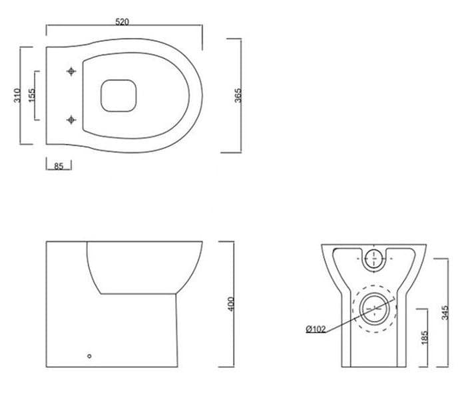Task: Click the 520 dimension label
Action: (122, 21)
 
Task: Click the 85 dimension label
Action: (59, 166)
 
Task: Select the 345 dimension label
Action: (445, 313)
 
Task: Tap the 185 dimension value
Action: (425, 337)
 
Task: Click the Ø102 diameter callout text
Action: (316, 329)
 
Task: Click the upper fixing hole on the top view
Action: (71, 70)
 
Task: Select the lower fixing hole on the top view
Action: (71, 120)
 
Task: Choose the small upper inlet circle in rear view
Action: (374, 260)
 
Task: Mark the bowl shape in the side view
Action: (143, 266)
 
